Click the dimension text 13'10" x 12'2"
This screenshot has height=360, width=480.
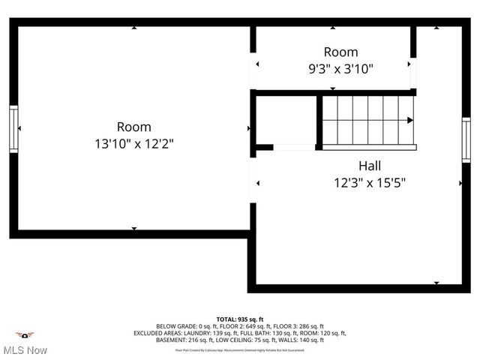[133, 142]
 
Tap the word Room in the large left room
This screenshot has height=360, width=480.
[133, 127]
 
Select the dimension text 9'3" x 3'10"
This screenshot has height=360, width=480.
[340, 67]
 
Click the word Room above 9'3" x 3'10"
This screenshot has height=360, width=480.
[340, 52]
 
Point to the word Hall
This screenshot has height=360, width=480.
[369, 166]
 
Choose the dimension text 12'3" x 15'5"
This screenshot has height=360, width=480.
[370, 181]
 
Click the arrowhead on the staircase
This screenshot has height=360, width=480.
[409, 120]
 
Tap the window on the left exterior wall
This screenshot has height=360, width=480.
[13, 129]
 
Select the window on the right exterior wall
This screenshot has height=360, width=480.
[466, 140]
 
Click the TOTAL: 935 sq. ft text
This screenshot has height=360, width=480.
[240, 319]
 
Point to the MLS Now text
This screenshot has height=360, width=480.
[25, 350]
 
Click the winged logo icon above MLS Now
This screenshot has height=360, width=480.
[25, 335]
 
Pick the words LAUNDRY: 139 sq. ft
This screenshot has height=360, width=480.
[215, 333]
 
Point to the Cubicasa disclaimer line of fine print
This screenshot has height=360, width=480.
[240, 349]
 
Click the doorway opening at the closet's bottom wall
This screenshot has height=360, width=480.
[294, 148]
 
